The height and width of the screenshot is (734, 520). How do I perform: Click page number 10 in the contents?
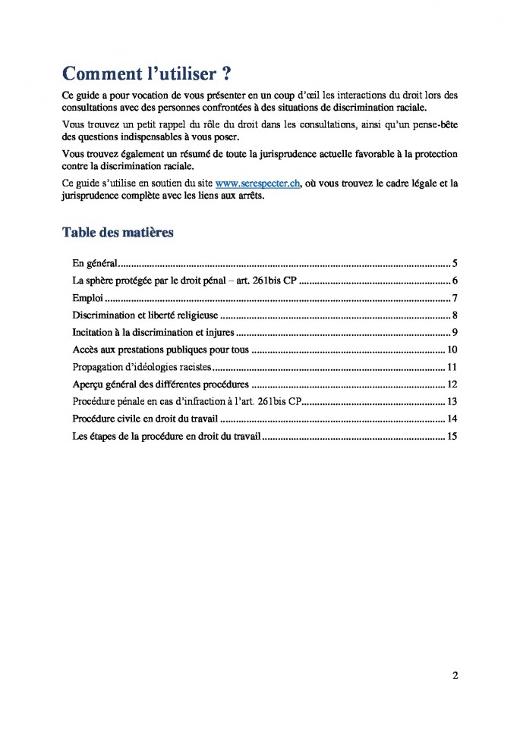(452, 350)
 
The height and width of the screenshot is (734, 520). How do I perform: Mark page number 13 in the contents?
(452, 401)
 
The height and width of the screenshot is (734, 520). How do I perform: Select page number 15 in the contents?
(452, 436)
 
